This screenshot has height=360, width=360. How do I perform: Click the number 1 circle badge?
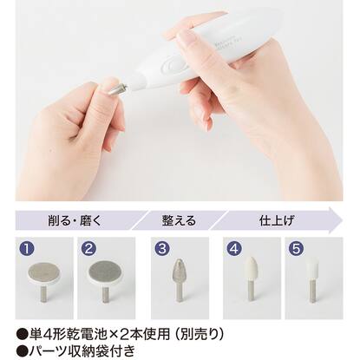[x=28, y=247]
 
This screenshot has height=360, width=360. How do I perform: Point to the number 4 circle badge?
[x=234, y=247]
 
